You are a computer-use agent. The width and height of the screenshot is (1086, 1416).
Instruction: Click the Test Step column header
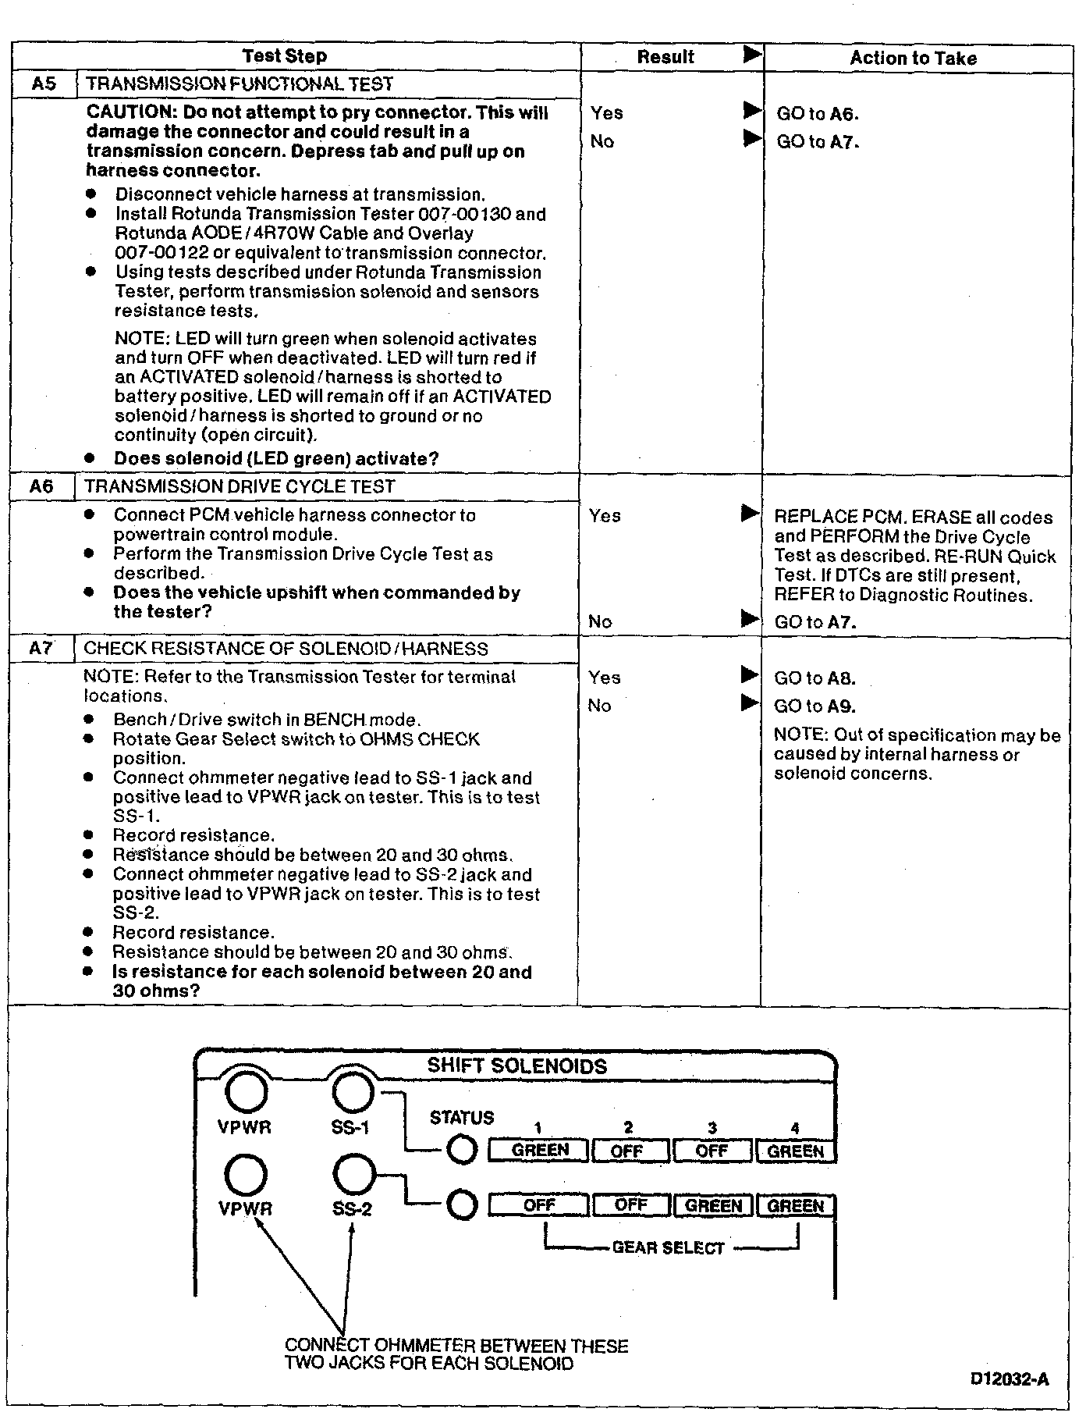click(284, 56)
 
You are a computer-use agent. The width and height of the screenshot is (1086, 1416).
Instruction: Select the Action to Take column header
click(913, 58)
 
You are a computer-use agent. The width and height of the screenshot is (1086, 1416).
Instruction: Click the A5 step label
click(44, 84)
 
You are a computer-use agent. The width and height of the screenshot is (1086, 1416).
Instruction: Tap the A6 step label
click(41, 486)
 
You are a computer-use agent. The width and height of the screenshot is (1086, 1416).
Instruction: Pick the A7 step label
click(41, 649)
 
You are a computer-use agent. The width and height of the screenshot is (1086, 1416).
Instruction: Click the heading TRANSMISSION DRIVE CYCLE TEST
click(240, 486)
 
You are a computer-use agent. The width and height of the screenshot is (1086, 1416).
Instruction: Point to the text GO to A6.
click(817, 114)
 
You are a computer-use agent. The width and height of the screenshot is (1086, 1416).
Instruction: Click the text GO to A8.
click(814, 678)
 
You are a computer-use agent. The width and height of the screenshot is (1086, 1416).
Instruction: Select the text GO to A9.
click(814, 706)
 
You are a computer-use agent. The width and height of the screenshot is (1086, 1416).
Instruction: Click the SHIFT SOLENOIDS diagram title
click(516, 1066)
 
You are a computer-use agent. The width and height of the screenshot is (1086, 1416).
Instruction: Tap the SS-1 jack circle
click(353, 1091)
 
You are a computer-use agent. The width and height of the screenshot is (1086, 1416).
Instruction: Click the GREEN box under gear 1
click(539, 1151)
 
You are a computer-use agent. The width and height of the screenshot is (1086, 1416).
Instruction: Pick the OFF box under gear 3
click(712, 1151)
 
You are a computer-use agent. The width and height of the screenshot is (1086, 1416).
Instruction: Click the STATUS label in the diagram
click(462, 1118)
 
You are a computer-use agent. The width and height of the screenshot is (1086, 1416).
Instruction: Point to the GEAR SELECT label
click(669, 1248)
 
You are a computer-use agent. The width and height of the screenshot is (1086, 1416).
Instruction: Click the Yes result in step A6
click(605, 516)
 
